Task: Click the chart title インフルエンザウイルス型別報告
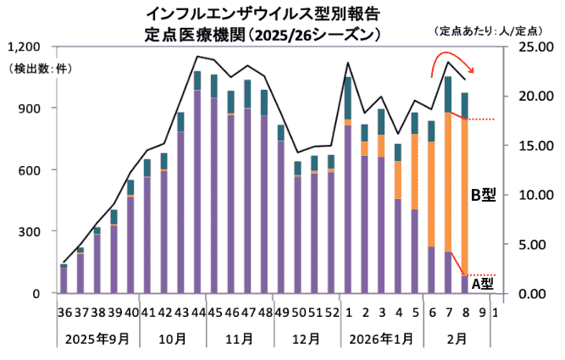coord(263,14)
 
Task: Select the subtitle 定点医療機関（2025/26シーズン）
coord(263,36)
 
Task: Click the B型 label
coord(483,196)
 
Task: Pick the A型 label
coord(483,284)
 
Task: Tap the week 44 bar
coord(197,182)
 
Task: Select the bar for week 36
coord(64,279)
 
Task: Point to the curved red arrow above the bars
coord(451,64)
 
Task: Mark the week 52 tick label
coord(331,313)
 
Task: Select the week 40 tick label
coord(130,313)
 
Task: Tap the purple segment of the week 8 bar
coord(464,285)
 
